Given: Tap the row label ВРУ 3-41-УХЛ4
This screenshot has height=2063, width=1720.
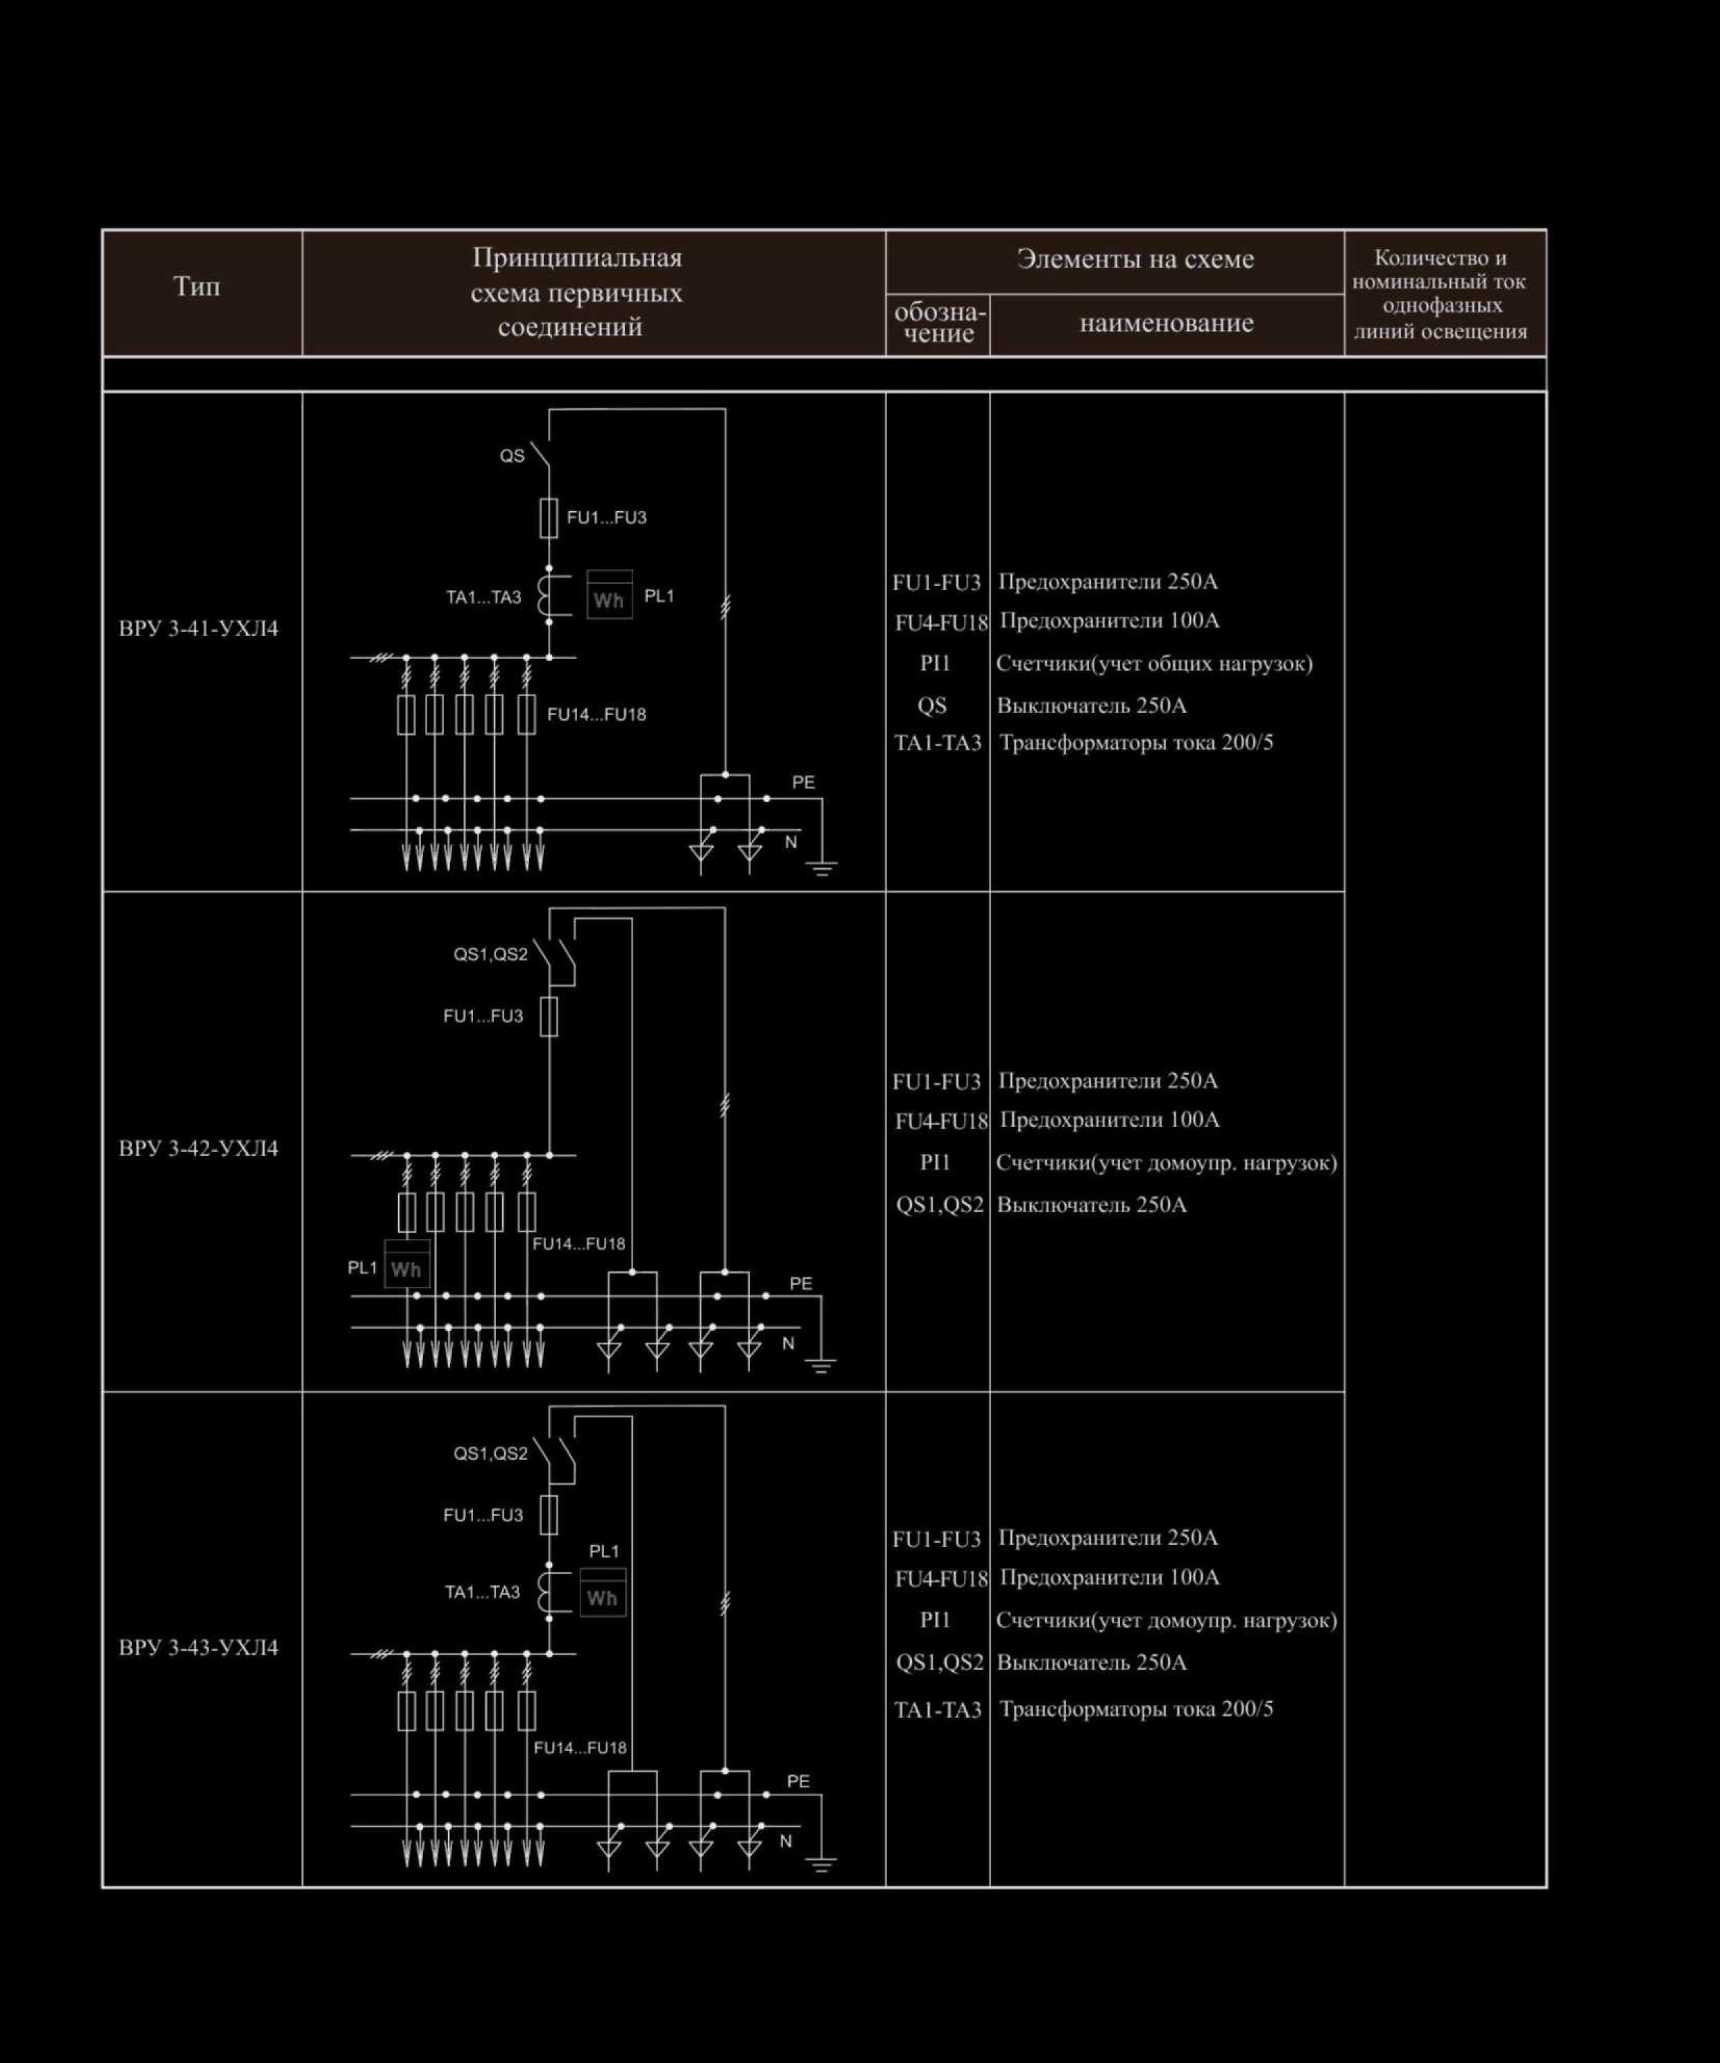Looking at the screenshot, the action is (x=198, y=629).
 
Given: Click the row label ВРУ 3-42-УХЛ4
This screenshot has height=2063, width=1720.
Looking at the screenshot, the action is (x=198, y=1148).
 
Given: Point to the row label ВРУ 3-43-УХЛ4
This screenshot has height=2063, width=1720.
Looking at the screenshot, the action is (x=198, y=1648).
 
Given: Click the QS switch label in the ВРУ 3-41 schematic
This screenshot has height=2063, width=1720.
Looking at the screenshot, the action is (x=512, y=456).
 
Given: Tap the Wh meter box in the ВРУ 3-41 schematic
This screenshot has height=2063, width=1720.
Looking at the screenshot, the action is (x=609, y=594).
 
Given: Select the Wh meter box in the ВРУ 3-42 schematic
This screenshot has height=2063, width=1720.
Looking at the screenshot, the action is (x=406, y=1263).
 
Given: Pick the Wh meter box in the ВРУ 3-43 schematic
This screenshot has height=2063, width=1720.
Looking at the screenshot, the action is (x=602, y=1591).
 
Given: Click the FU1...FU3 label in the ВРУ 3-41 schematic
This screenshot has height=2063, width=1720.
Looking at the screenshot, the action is (x=606, y=518).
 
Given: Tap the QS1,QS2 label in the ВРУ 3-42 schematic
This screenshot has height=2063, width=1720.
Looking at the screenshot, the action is (x=490, y=954).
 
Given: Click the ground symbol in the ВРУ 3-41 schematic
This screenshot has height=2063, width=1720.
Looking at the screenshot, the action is (x=821, y=867).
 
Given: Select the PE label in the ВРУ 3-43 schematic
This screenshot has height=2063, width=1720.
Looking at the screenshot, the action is (x=798, y=1781).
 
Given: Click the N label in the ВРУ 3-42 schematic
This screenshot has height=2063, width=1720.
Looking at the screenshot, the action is (x=788, y=1343).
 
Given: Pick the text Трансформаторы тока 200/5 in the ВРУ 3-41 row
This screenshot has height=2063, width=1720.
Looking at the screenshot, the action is (x=1135, y=743).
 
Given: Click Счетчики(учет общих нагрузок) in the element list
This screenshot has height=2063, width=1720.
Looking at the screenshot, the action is (x=1154, y=664).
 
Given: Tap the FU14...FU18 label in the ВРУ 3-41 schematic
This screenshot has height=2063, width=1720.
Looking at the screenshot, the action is (x=596, y=714).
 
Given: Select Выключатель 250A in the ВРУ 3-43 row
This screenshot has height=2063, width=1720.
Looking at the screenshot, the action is (x=1092, y=1662).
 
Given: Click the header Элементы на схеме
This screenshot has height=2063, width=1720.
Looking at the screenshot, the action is (x=1135, y=259).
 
